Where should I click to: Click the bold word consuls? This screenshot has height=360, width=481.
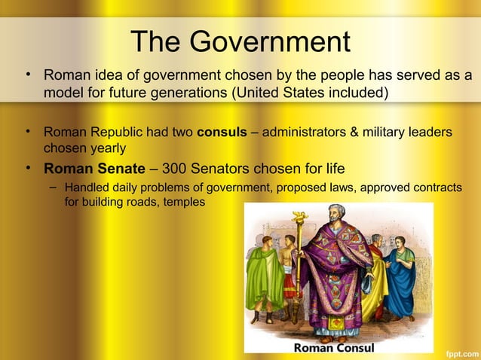pyautogui.click(x=222, y=133)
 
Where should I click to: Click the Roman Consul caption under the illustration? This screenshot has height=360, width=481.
pyautogui.click(x=333, y=348)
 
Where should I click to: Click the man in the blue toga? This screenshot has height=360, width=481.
pyautogui.click(x=400, y=279)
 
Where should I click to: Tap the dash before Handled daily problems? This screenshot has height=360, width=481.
pyautogui.click(x=52, y=186)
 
